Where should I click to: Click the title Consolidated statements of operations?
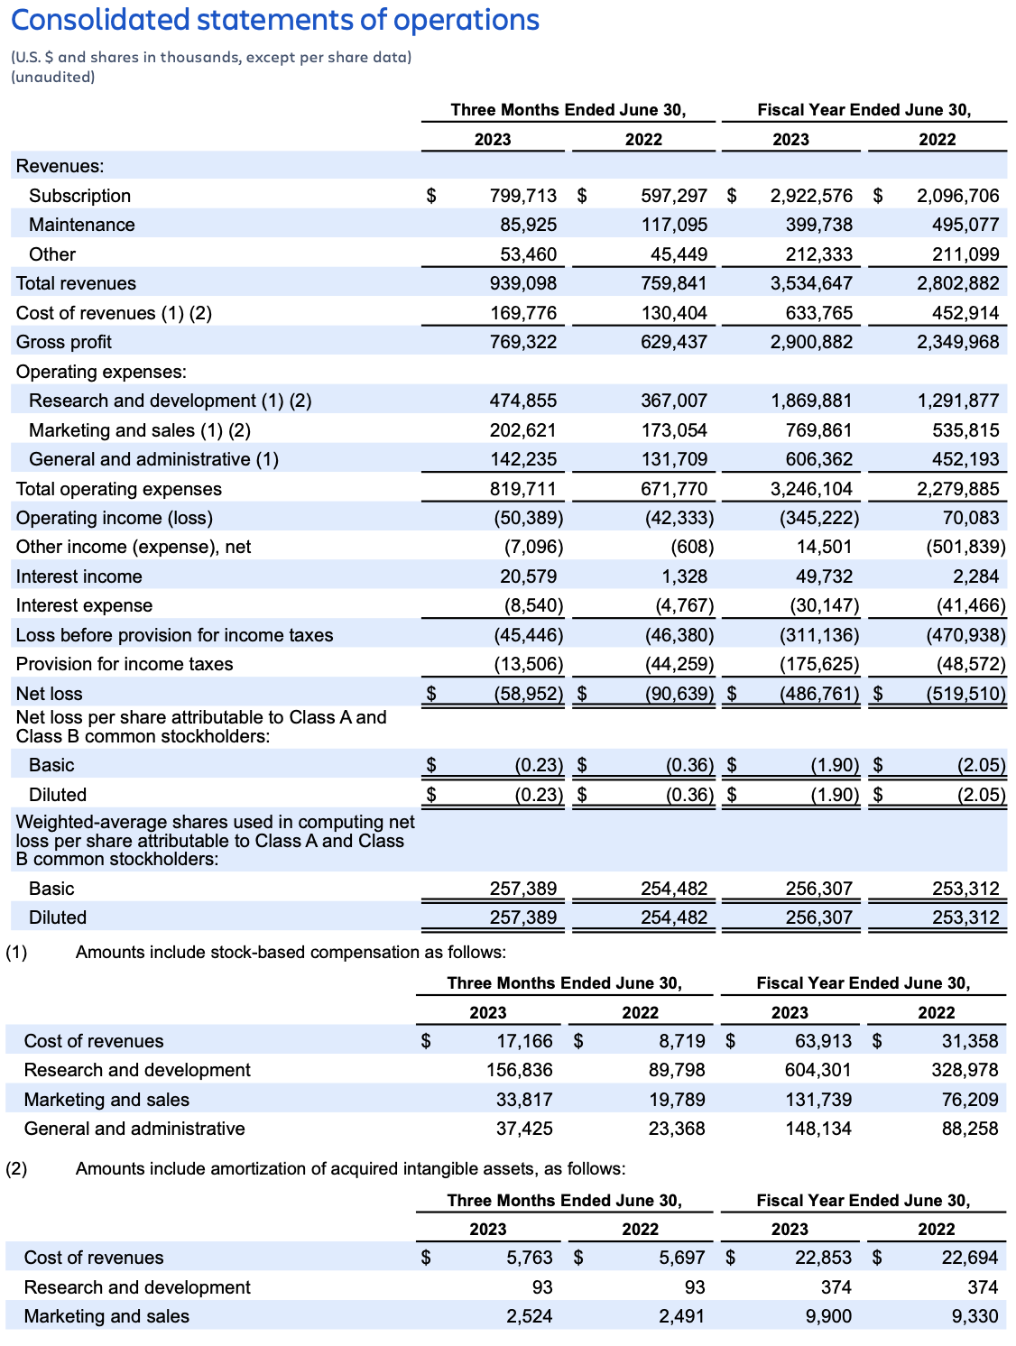coord(275,20)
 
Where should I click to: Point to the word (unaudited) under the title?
coord(53,78)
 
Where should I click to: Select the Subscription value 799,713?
coord(522,196)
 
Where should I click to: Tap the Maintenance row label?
coord(81,225)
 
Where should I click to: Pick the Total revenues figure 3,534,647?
coord(811,283)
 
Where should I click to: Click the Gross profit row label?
coord(64,342)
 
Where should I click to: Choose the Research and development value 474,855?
coord(522,401)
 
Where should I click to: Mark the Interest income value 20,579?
coord(528,576)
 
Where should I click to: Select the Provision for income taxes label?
coord(125,664)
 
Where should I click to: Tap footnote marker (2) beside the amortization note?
coord(16,1168)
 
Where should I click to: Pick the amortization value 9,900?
coord(828,1316)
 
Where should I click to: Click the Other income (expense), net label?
coord(134,547)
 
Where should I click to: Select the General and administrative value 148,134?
coord(817,1129)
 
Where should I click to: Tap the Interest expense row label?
coord(84,605)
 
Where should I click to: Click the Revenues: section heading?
coord(60,166)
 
